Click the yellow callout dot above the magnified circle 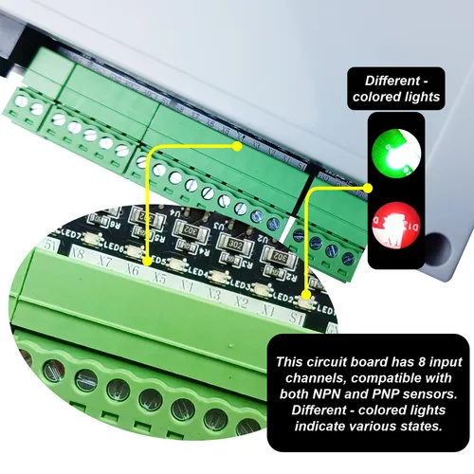[x=238, y=147]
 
